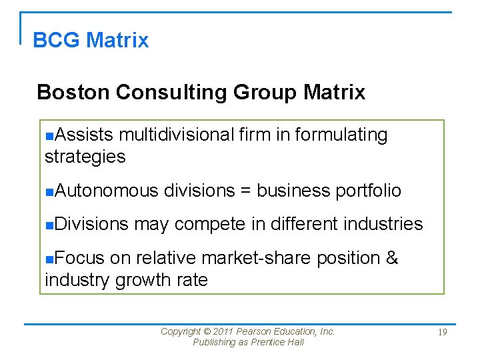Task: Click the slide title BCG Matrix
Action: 91,40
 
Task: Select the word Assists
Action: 84,135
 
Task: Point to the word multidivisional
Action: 177,135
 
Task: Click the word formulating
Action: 341,135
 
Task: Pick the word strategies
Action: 85,157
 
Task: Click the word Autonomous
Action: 107,191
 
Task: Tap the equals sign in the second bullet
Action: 245,191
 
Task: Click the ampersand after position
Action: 392,258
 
